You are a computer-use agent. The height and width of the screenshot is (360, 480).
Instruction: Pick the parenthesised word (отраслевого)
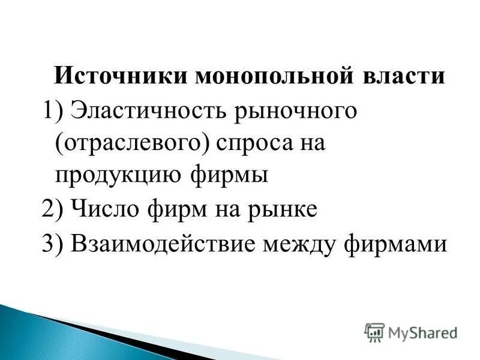coord(130,145)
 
